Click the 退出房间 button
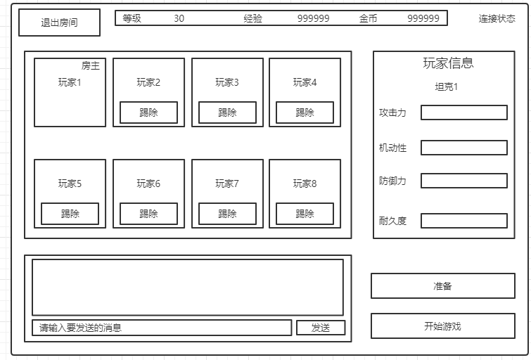60,22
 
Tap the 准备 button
443,286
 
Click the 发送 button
321,328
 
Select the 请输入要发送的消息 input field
162,328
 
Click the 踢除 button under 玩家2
148,112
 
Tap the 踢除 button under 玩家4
305,112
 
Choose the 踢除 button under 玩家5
70,214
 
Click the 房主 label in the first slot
91,66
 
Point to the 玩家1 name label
70,82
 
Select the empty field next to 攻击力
464,112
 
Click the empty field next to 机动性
464,148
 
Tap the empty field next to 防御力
464,181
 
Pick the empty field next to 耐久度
464,221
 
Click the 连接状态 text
497,19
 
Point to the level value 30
179,18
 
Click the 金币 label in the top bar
368,18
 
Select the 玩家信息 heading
448,63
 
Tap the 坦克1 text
447,87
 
